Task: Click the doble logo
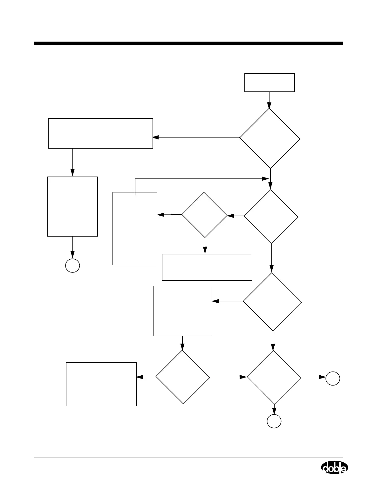(x=334, y=468)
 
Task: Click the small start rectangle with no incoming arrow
(x=270, y=83)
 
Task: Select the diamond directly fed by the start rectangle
(x=270, y=138)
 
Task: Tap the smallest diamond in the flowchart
(x=205, y=215)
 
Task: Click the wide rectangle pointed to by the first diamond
(x=100, y=133)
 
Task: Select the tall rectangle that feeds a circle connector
(x=72, y=206)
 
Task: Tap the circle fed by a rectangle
(x=72, y=265)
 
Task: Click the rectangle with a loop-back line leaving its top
(x=135, y=228)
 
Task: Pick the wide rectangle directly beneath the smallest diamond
(x=207, y=267)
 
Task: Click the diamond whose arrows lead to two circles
(x=274, y=377)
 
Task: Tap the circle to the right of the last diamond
(x=333, y=379)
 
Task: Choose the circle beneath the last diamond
(x=274, y=421)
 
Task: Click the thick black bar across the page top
(x=189, y=43)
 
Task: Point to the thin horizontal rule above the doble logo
(x=189, y=458)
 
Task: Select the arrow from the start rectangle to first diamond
(x=269, y=100)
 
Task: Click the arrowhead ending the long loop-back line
(x=265, y=179)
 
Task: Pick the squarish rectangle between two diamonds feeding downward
(x=183, y=311)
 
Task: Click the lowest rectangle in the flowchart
(x=101, y=384)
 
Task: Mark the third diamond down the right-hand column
(x=272, y=302)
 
